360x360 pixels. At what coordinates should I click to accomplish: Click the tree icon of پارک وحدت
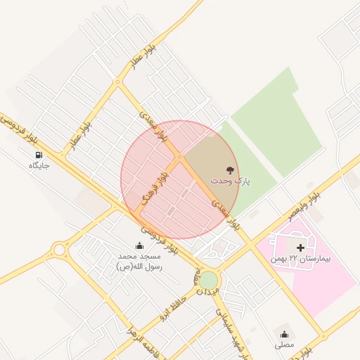[229, 169]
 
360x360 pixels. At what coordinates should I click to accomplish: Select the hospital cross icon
[301, 247]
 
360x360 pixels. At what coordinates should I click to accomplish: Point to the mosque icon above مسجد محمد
[139, 245]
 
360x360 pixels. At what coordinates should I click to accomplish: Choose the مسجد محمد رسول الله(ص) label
[139, 262]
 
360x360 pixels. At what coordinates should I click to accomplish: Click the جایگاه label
[39, 166]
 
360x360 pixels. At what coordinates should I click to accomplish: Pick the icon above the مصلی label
[285, 334]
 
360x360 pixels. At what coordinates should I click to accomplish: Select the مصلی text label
[285, 345]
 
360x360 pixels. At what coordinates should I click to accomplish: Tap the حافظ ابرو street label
[174, 303]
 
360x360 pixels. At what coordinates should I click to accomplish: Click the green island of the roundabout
[208, 280]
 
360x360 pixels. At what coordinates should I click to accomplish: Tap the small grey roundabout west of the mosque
[58, 249]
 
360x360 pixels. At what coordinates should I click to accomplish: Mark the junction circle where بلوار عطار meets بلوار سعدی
[117, 82]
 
